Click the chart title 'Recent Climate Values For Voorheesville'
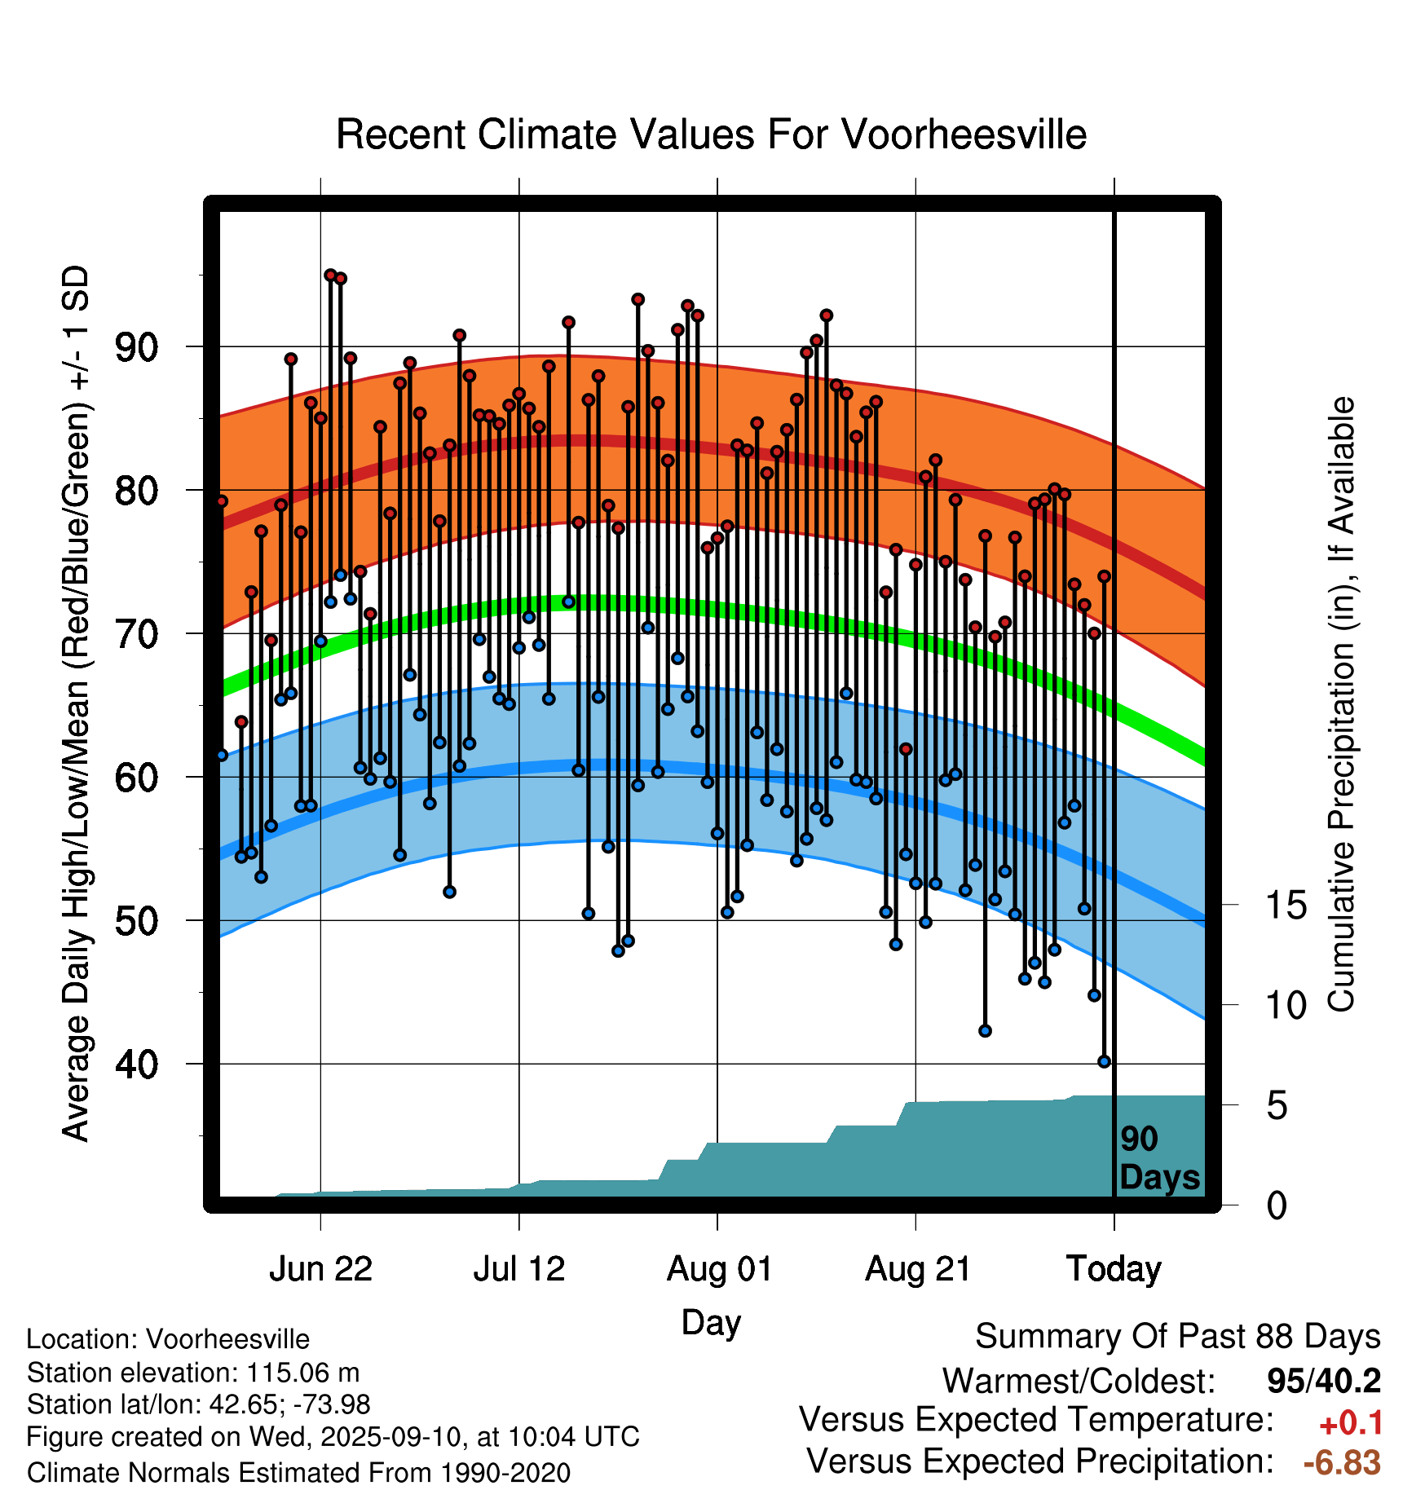(x=711, y=134)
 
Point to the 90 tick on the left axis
(x=137, y=347)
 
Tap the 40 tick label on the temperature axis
(x=137, y=1064)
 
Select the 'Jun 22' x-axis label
(x=320, y=1269)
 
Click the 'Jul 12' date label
(x=519, y=1269)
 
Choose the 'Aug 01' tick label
(x=719, y=1269)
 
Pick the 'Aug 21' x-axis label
(x=918, y=1269)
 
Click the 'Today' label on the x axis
(x=1114, y=1269)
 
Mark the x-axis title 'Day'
(x=711, y=1322)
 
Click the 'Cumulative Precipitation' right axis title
(x=1341, y=705)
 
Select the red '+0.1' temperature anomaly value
(x=1351, y=1422)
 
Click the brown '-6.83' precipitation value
(x=1342, y=1462)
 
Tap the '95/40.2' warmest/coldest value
(x=1324, y=1381)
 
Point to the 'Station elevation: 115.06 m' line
(x=193, y=1373)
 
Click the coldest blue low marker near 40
(x=1105, y=1061)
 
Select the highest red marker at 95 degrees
(x=330, y=276)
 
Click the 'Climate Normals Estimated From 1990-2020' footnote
(x=298, y=1473)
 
